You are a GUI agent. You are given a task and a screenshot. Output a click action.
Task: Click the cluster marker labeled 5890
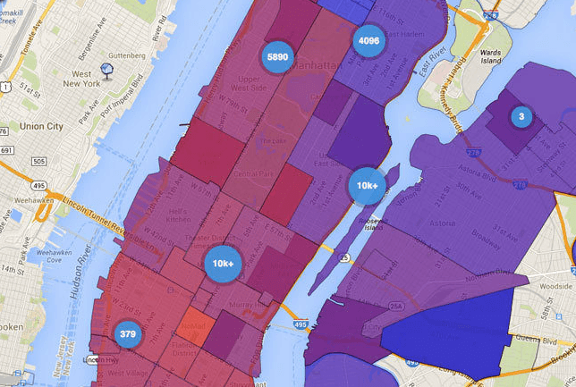coord(277,56)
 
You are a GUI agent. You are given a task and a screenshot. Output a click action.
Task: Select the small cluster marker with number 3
coord(521,116)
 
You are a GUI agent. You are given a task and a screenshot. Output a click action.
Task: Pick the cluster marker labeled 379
coord(128,334)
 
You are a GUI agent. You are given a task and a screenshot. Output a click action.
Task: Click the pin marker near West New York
coord(106,69)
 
